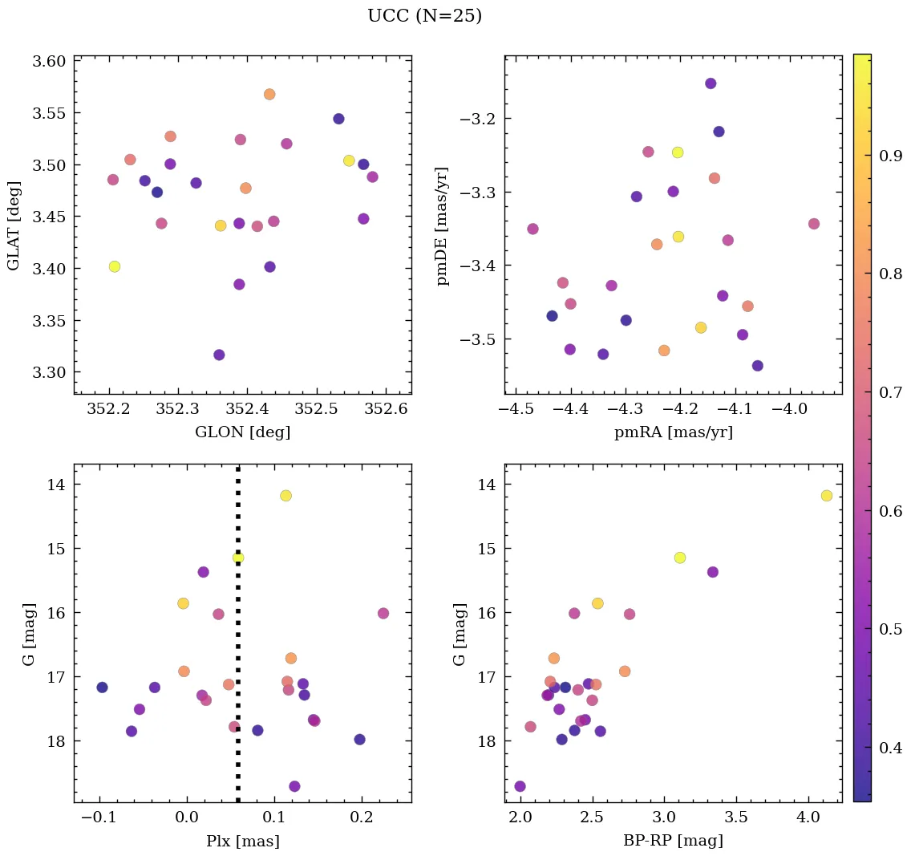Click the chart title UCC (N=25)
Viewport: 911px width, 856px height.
click(424, 16)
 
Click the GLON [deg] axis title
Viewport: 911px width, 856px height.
click(242, 432)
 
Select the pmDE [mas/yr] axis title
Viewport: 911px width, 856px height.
click(443, 226)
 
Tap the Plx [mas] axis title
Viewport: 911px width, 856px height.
click(242, 842)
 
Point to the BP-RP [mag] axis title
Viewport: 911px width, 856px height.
click(673, 842)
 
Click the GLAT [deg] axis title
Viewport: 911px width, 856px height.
click(14, 226)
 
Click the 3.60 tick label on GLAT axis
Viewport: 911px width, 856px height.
click(49, 62)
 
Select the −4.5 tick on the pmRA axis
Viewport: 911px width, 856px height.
click(516, 410)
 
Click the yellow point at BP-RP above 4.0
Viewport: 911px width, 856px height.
click(827, 496)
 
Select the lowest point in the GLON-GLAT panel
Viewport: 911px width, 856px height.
click(219, 355)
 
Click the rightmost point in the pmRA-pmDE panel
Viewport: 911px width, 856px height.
click(814, 224)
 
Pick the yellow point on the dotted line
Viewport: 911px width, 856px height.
click(238, 558)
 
